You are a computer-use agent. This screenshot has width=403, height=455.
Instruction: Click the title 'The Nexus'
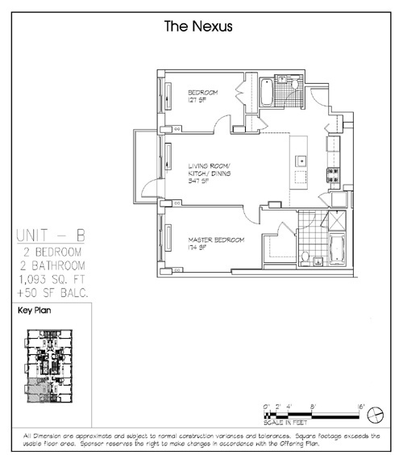pos(197,26)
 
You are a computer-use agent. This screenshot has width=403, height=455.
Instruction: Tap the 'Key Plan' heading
pos(34,310)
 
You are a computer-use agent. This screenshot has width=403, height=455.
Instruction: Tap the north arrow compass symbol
pos(376,414)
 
